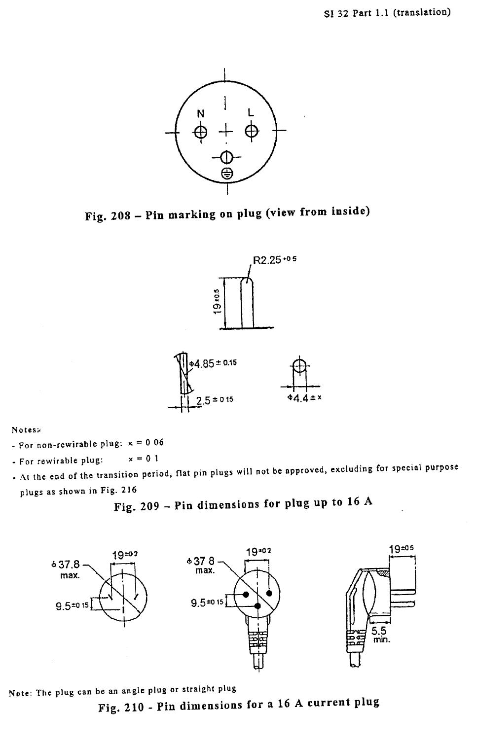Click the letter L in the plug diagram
coord(251,113)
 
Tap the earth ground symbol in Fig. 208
coord(226,173)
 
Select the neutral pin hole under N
coord(201,132)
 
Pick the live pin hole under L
coord(252,131)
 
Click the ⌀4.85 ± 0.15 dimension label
coord(214,363)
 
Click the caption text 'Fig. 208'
coord(108,215)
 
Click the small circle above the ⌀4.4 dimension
coord(299,366)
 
